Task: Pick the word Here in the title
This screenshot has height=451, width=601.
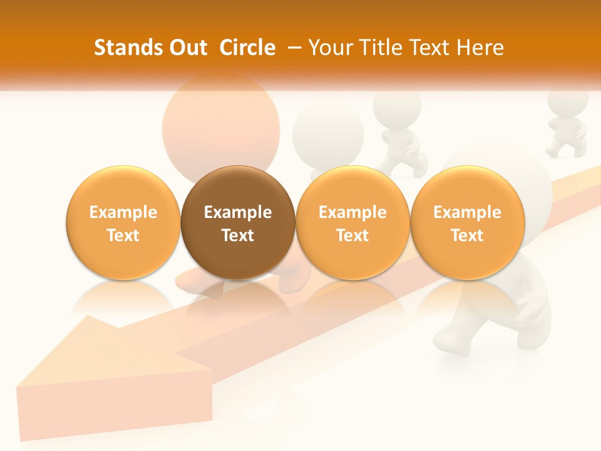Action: click(480, 48)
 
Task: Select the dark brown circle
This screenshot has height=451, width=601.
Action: click(238, 222)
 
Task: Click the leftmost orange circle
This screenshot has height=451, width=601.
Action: click(123, 222)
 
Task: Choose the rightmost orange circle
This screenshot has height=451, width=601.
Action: click(467, 222)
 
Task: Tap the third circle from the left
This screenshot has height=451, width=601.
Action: click(352, 222)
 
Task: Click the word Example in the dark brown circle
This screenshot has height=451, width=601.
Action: click(238, 212)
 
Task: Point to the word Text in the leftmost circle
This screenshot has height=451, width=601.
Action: click(123, 236)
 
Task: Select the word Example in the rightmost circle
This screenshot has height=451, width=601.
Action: click(467, 212)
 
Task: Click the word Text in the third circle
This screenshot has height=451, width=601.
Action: click(352, 236)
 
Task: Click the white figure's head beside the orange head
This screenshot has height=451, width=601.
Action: click(327, 132)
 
